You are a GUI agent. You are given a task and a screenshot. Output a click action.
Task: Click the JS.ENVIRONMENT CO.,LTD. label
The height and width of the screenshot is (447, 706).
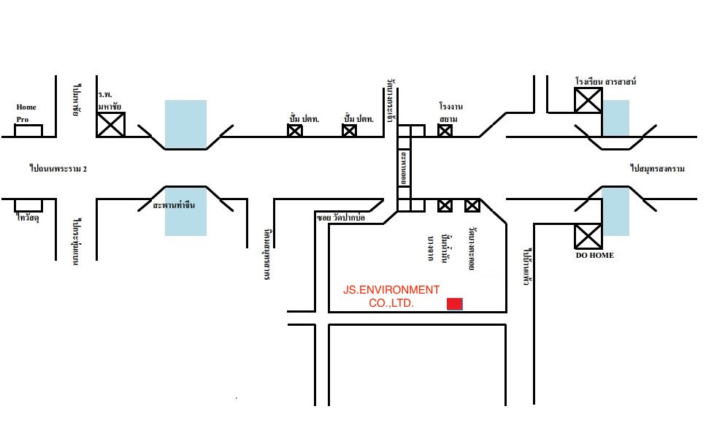pyautogui.click(x=391, y=296)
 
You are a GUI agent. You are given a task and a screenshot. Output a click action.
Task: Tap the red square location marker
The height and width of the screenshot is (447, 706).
pyautogui.click(x=455, y=304)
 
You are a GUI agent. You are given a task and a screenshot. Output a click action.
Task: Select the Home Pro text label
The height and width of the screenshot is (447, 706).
pyautogui.click(x=26, y=112)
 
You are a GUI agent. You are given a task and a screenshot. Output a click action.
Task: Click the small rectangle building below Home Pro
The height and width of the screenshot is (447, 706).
pyautogui.click(x=28, y=131)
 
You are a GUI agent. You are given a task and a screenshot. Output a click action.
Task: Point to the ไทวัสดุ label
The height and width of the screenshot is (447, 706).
pyautogui.click(x=27, y=217)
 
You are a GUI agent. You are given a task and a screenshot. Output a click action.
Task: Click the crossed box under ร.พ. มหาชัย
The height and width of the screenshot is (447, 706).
pyautogui.click(x=111, y=124)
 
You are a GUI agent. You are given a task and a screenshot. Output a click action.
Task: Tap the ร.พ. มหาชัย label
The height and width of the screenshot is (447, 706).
pyautogui.click(x=110, y=100)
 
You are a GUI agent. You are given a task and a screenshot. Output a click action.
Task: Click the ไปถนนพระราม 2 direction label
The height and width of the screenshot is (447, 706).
pyautogui.click(x=58, y=168)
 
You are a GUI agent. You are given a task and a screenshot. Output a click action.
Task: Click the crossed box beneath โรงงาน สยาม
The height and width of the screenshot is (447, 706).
pyautogui.click(x=445, y=131)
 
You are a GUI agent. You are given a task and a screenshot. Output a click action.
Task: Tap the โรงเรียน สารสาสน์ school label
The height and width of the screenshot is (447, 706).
pyautogui.click(x=605, y=81)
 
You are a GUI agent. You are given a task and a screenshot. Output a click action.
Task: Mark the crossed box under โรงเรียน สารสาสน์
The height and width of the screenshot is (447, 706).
pyautogui.click(x=588, y=99)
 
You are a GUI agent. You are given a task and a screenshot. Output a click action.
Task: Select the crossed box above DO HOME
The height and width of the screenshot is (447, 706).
pyautogui.click(x=588, y=237)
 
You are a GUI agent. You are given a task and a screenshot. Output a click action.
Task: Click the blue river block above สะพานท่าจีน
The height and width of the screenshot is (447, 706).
pyautogui.click(x=185, y=124)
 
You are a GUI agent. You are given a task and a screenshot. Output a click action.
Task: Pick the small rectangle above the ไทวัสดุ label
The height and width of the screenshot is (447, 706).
pyautogui.click(x=28, y=205)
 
